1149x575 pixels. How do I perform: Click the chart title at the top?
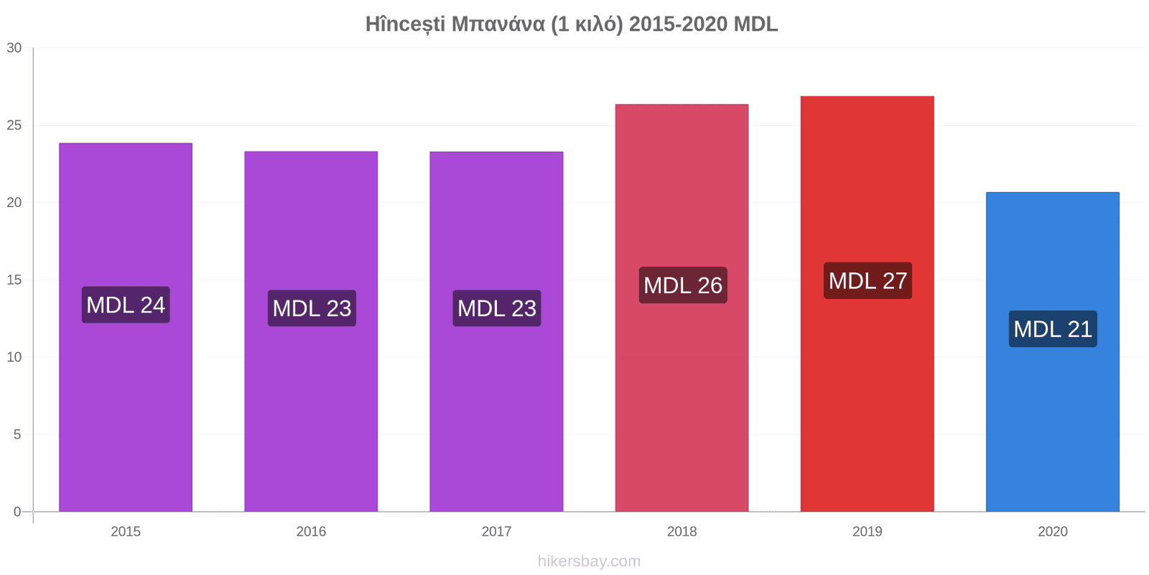coord(572,24)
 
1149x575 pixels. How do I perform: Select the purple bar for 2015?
coord(126,327)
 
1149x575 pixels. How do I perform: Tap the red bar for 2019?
coord(867,304)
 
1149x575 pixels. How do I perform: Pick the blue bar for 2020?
coord(1053,351)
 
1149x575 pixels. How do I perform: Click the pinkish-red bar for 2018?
coord(682,308)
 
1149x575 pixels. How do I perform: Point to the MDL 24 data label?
coord(126,305)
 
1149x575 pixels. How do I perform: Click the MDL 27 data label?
coord(868,281)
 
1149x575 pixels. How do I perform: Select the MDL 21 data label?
coord(1053,329)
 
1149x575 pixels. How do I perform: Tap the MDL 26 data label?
coord(683,285)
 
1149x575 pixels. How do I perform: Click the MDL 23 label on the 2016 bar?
coord(312,308)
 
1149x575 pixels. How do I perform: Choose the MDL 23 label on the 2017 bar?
coord(496,308)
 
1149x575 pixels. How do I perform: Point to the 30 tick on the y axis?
coord(14,48)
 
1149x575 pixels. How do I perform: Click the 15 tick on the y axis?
coord(14,280)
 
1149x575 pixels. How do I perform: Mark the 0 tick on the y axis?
coord(17,512)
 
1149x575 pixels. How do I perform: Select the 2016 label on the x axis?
coord(311,531)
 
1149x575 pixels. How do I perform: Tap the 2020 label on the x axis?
coord(1053,531)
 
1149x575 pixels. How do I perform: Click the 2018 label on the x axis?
coord(682,531)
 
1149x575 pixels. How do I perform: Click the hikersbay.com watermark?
coord(590,561)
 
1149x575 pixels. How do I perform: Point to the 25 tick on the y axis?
coord(14,125)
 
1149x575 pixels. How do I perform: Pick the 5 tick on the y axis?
coord(17,434)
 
